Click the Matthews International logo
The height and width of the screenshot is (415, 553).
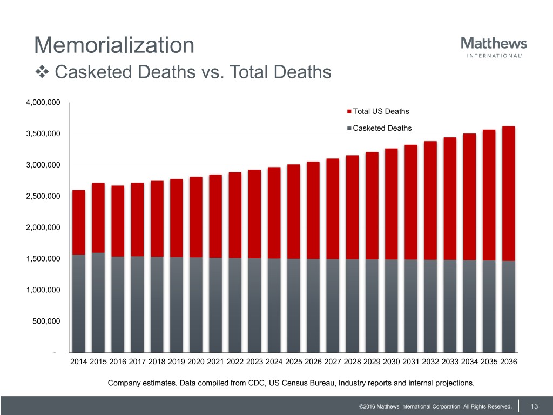[494, 47]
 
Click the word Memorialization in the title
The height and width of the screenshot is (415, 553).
[114, 45]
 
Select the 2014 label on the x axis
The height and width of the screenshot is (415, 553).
[79, 362]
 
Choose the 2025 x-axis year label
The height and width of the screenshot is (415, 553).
[294, 362]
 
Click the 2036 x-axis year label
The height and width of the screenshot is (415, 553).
[508, 362]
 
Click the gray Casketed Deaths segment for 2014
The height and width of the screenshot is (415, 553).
[79, 303]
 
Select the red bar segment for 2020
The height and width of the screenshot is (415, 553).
[196, 217]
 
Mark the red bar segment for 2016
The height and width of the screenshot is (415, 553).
[118, 221]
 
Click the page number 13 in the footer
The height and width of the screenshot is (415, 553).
[535, 406]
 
